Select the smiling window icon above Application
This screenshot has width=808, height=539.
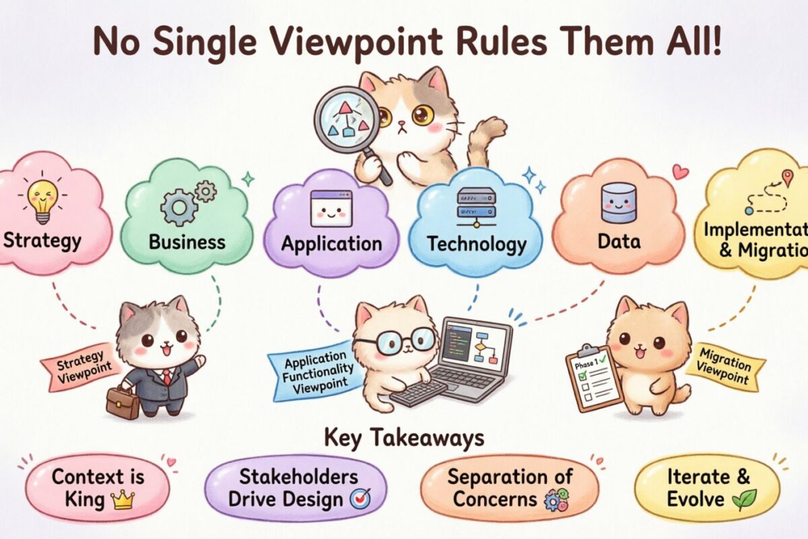coord(331,208)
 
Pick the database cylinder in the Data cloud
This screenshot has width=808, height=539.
coord(618,202)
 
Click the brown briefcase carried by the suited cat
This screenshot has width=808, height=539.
coord(122,402)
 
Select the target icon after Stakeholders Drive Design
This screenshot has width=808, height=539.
coord(358,499)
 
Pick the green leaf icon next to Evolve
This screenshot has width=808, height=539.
coord(745,499)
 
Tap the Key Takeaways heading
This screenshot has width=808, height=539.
coord(404,438)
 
